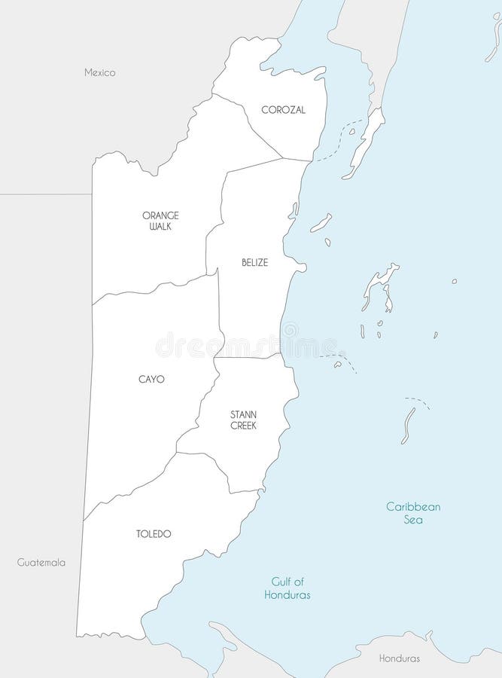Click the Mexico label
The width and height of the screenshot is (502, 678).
(99, 73)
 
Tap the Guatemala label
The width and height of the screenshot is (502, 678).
(41, 563)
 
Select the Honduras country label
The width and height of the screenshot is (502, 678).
(400, 658)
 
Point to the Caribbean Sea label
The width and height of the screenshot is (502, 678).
(413, 513)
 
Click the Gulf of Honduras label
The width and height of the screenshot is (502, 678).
(288, 588)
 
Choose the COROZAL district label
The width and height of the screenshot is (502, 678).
(283, 110)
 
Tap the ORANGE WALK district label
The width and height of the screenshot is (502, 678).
(160, 221)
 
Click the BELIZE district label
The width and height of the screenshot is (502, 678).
(255, 263)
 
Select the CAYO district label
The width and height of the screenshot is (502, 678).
(151, 379)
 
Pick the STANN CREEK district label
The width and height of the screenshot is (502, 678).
(244, 420)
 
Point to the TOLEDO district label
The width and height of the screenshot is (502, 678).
(154, 534)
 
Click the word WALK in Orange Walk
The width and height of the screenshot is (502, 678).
(160, 226)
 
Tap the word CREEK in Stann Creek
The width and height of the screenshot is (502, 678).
(244, 426)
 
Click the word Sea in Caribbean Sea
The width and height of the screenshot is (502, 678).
(413, 520)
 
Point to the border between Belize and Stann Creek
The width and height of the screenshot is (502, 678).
(248, 357)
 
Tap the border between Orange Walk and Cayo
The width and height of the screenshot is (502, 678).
(151, 289)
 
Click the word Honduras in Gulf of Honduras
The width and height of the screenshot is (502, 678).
(288, 595)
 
